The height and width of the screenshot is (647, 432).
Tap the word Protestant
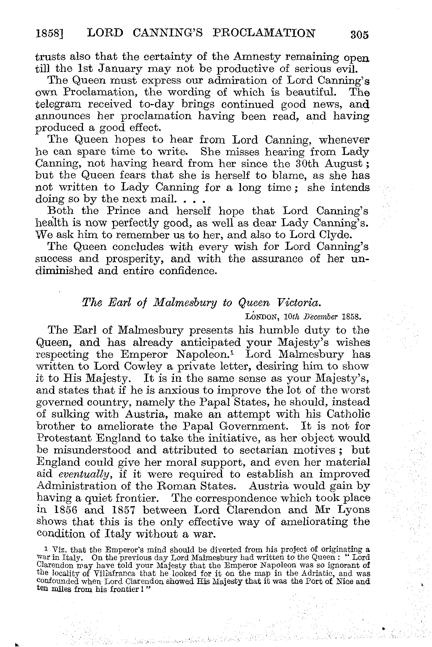pos(62,439)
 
